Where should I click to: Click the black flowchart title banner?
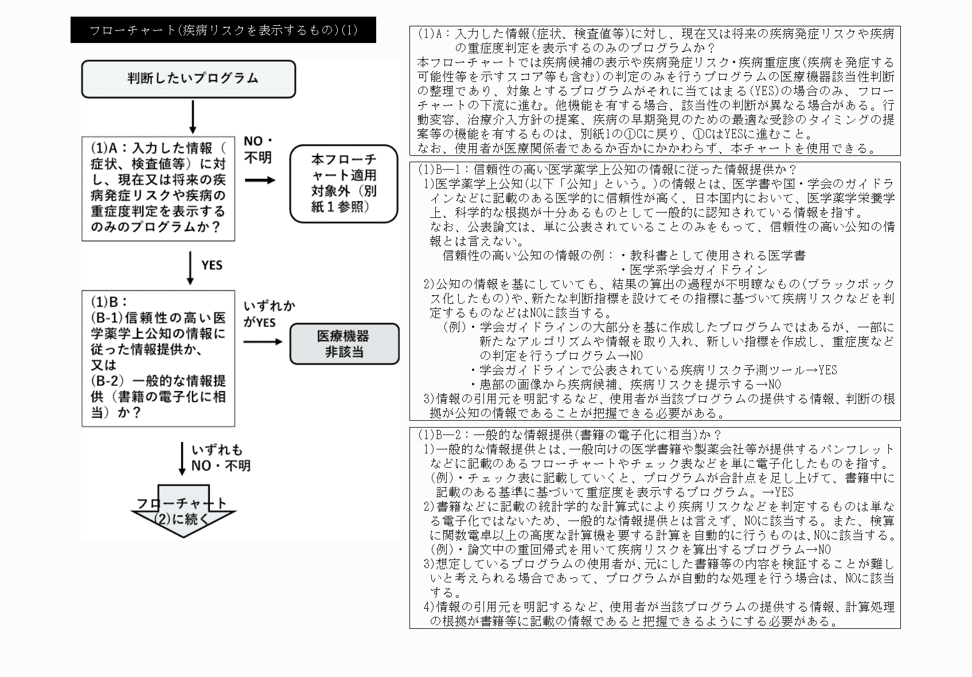(x=223, y=30)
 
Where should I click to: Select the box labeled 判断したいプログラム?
(x=189, y=79)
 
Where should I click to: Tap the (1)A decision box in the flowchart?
(x=158, y=188)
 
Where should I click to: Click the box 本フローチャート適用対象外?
(x=343, y=183)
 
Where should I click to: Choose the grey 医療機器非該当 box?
(x=344, y=344)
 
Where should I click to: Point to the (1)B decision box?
(x=158, y=358)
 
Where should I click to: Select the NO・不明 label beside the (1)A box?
(x=258, y=149)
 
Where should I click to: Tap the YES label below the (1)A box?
(x=212, y=265)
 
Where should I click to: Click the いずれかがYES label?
(x=268, y=314)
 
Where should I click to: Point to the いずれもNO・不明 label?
(x=221, y=457)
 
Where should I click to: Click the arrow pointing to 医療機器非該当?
(x=263, y=342)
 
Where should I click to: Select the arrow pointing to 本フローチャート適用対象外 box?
(x=260, y=180)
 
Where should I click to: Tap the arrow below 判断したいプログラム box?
(x=193, y=117)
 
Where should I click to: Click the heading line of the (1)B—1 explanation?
(x=607, y=170)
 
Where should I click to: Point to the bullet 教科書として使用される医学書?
(x=713, y=255)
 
